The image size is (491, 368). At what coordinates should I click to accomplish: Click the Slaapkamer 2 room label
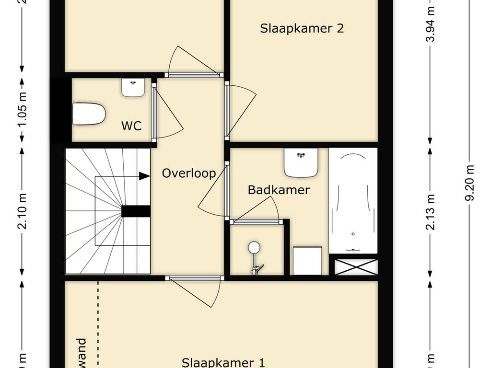(x=302, y=28)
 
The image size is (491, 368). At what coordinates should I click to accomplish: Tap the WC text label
(x=131, y=126)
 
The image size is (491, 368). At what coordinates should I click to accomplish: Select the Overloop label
(x=189, y=173)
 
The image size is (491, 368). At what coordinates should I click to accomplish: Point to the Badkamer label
(x=279, y=190)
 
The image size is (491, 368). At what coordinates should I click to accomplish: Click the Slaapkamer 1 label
(x=223, y=362)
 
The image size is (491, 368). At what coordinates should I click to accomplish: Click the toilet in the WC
(x=89, y=114)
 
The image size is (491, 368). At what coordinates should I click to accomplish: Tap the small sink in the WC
(x=133, y=87)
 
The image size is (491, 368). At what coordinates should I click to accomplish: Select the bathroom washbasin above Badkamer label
(x=301, y=162)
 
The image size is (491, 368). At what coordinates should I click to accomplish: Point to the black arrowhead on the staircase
(x=144, y=176)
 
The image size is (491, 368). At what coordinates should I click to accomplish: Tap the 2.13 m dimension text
(x=431, y=211)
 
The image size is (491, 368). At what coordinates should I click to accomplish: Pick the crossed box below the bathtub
(x=356, y=267)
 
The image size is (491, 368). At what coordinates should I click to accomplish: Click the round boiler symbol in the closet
(x=254, y=247)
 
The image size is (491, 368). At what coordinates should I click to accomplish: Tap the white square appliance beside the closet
(x=307, y=261)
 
